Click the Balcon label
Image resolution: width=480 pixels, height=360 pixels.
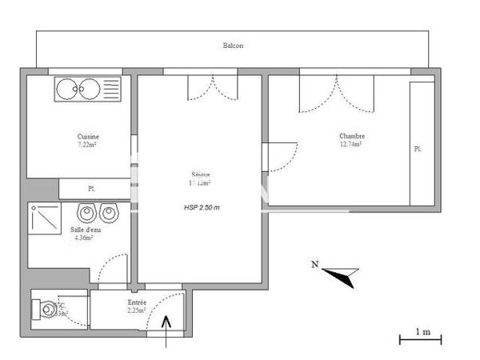tap(233, 46)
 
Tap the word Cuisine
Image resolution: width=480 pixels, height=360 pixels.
tap(88, 137)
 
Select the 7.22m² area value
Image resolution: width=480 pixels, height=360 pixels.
tap(87, 145)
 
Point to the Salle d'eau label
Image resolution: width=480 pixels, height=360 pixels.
tap(83, 230)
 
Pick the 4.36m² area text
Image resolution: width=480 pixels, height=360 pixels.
tap(83, 238)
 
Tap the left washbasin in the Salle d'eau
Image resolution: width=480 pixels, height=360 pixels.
tap(84, 213)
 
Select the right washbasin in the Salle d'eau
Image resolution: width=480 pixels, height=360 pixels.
tap(108, 213)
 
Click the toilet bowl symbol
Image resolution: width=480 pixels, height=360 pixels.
tap(50, 307)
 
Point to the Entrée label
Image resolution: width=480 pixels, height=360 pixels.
tap(137, 303)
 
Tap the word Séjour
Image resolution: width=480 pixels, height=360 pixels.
tap(201, 174)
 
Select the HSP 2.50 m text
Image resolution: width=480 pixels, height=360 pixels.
tap(202, 207)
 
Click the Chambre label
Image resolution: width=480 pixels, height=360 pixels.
tap(352, 137)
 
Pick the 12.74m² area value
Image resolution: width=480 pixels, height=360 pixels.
tap(351, 145)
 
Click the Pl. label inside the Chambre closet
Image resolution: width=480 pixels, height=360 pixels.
tap(417, 150)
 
